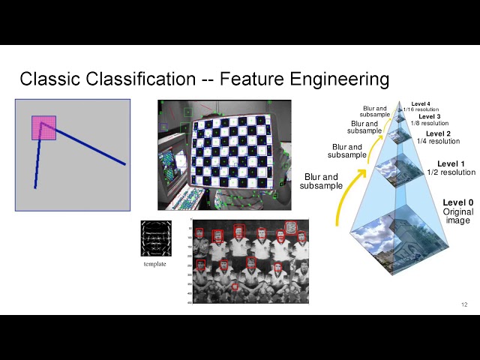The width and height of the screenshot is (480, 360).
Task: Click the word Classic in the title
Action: coord(46,79)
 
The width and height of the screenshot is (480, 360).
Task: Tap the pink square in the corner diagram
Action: coord(43,127)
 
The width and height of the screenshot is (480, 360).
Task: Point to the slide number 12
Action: coord(464,304)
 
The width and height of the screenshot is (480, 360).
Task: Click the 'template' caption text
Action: coord(155,264)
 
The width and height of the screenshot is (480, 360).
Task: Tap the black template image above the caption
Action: coord(156,239)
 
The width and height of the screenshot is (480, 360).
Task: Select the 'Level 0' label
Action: coord(457,202)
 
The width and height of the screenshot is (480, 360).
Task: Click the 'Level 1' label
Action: coord(451,163)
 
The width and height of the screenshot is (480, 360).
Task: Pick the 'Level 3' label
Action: coord(429,116)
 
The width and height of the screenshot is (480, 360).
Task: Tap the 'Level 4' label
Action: coord(421,103)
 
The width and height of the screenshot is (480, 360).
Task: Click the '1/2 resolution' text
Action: coord(451,172)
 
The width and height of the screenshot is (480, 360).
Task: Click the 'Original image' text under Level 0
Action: coord(457,216)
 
